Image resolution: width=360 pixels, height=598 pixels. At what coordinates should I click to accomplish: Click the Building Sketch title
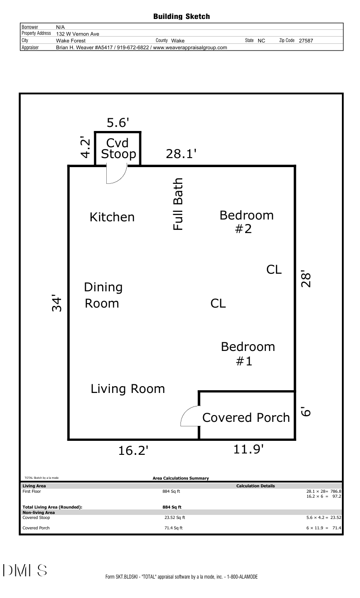tap(181, 17)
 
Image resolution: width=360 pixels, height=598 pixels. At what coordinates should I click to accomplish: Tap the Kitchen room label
tap(112, 217)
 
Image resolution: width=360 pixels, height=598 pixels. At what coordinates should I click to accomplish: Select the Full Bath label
tap(178, 204)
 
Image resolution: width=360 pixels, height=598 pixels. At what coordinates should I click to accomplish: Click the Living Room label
tap(128, 389)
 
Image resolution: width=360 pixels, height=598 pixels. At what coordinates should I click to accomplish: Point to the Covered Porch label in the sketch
tap(246, 417)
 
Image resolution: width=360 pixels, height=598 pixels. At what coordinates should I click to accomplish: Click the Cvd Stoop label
tap(118, 149)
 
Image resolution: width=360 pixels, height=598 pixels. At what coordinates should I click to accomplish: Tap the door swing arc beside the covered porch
tap(186, 411)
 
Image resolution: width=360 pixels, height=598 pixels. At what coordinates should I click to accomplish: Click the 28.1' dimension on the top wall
tap(181, 154)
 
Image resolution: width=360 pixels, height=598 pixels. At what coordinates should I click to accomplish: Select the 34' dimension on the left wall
tap(57, 303)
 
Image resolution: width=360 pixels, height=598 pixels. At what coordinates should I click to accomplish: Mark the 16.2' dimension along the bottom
tap(133, 450)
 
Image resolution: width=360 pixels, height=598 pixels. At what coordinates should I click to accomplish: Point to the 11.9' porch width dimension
tap(248, 449)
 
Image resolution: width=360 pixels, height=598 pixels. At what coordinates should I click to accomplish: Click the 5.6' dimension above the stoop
tap(118, 122)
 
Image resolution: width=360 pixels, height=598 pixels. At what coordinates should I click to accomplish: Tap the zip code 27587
tap(306, 41)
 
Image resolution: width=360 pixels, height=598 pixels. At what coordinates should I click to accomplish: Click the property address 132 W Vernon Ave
tap(77, 34)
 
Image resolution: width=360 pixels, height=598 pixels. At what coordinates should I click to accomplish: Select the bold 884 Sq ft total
tap(172, 507)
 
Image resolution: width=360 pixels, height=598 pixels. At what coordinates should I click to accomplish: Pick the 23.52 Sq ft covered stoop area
tap(175, 517)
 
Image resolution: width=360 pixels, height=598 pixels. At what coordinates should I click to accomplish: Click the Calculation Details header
tap(256, 486)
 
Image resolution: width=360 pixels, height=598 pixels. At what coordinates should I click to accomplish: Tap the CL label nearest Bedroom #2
tap(274, 269)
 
